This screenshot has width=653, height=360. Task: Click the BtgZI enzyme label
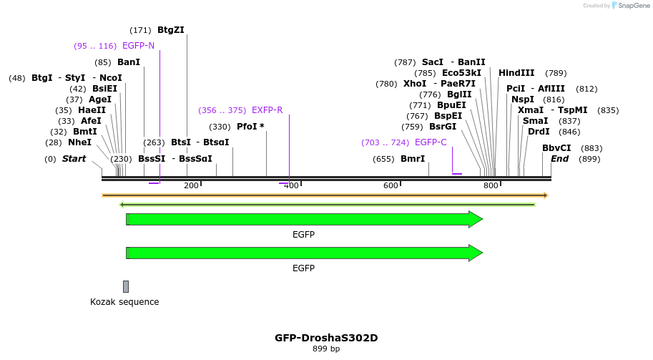[170, 30]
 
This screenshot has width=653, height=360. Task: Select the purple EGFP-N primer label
[138, 46]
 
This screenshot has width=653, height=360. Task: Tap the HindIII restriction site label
[516, 73]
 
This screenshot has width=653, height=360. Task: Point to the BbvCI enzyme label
[556, 148]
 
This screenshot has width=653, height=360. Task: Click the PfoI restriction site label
[250, 127]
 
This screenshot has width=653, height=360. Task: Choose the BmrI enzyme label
[413, 159]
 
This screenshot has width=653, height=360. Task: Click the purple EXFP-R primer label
[267, 110]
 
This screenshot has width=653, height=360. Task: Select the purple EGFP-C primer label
[431, 142]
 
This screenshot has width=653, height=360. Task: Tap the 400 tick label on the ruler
[291, 186]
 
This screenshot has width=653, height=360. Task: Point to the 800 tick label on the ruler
[491, 186]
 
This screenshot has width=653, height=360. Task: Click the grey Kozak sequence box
[126, 286]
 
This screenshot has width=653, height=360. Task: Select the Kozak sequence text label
[124, 302]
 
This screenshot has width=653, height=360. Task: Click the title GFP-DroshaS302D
[326, 338]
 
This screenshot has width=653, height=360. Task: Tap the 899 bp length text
[326, 349]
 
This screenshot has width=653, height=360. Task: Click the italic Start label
[74, 159]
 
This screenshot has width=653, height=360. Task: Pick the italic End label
[559, 159]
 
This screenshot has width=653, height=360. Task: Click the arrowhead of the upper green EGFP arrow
[476, 220]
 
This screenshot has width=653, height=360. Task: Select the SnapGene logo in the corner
[627, 6]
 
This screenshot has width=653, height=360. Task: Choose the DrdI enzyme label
[539, 132]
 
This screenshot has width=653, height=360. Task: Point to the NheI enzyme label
[79, 142]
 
